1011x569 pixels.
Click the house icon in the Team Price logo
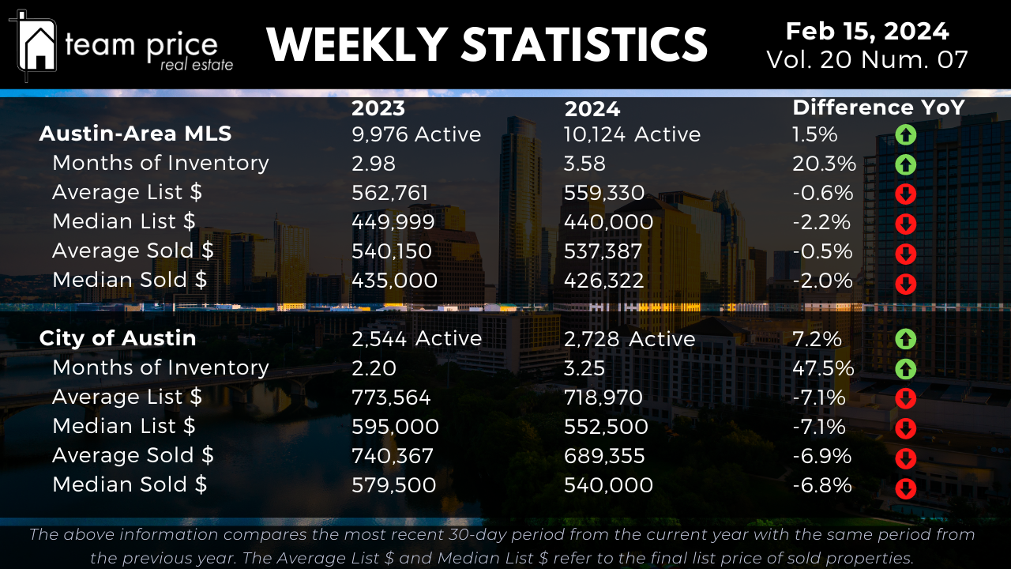coord(37,46)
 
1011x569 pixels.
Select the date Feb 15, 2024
coord(867,32)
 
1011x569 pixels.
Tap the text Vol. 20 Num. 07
coord(867,60)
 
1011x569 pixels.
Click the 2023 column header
coord(378,108)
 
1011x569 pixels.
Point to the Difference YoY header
coord(878,107)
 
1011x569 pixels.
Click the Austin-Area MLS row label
coord(135,134)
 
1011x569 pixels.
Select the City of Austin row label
coord(118,338)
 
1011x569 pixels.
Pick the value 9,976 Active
coord(416,134)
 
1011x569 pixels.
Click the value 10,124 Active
coord(632,134)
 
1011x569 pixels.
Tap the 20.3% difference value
coord(824,164)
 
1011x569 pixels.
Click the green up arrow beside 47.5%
coord(905,369)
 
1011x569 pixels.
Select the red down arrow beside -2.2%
coord(905,224)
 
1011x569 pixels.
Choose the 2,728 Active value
coord(630,339)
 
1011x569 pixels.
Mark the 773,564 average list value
coord(391,398)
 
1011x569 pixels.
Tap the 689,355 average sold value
coord(604,456)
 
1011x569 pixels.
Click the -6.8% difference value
coord(822,485)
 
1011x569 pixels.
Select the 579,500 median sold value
coord(393,485)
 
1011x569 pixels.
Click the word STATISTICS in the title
coord(584,44)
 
